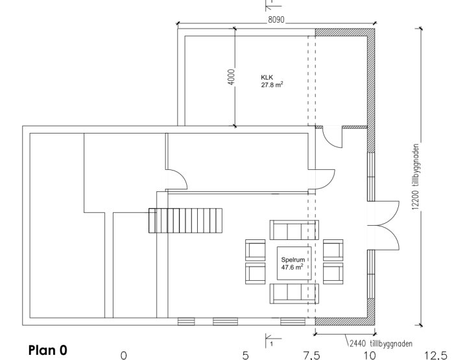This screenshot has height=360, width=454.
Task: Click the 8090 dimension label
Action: [276, 19]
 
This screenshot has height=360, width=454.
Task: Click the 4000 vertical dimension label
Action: [232, 77]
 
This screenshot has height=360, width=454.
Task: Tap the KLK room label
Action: [267, 77]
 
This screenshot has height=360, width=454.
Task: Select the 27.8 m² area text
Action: [272, 84]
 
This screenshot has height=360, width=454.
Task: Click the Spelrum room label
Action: [293, 260]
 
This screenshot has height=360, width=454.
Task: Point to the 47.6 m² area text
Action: [292, 267]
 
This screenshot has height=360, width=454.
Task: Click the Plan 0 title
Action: [48, 350]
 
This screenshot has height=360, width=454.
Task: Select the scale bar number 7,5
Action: [311, 355]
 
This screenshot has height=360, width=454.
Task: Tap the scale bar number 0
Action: [124, 355]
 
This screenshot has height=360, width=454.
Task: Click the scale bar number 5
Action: [246, 355]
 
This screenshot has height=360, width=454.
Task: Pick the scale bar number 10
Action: [370, 355]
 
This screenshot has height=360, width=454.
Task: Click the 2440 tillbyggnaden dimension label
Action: [381, 344]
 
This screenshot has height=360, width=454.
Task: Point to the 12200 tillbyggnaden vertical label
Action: [416, 176]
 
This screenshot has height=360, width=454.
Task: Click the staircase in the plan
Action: [185, 221]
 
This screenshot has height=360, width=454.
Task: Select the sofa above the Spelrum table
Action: [294, 230]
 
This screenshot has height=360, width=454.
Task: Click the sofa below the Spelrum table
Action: [294, 294]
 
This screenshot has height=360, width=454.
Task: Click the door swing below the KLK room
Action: [332, 137]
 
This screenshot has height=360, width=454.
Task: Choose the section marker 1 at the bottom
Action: [272, 341]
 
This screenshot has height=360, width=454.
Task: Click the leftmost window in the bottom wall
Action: [186, 322]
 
